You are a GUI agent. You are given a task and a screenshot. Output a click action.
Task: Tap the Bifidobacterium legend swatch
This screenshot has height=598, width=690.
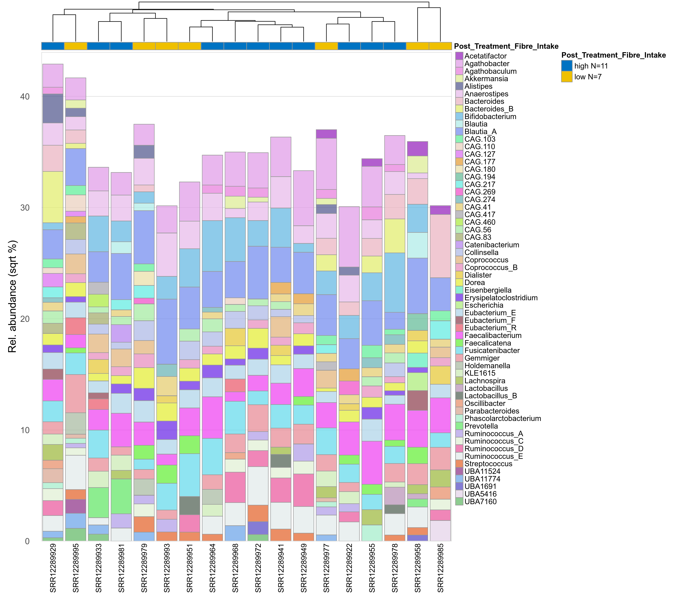coord(459,117)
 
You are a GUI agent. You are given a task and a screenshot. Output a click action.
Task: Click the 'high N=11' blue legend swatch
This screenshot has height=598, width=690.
coord(567,66)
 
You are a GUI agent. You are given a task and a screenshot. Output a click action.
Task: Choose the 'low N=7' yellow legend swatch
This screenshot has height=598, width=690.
coord(567,77)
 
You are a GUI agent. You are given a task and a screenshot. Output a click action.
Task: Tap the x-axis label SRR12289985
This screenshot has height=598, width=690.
coord(440,568)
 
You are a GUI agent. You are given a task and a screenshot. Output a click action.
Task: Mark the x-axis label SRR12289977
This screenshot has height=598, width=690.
coord(327,568)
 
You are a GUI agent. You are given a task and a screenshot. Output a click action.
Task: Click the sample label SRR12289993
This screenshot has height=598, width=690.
coord(167,568)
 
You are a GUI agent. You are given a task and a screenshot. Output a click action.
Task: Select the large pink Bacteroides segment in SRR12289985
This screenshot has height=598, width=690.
coord(440,246)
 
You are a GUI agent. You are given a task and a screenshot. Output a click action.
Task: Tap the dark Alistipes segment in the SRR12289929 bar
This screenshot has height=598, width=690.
coord(53,108)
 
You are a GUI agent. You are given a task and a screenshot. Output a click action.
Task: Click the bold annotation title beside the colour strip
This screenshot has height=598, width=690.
coord(506,46)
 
